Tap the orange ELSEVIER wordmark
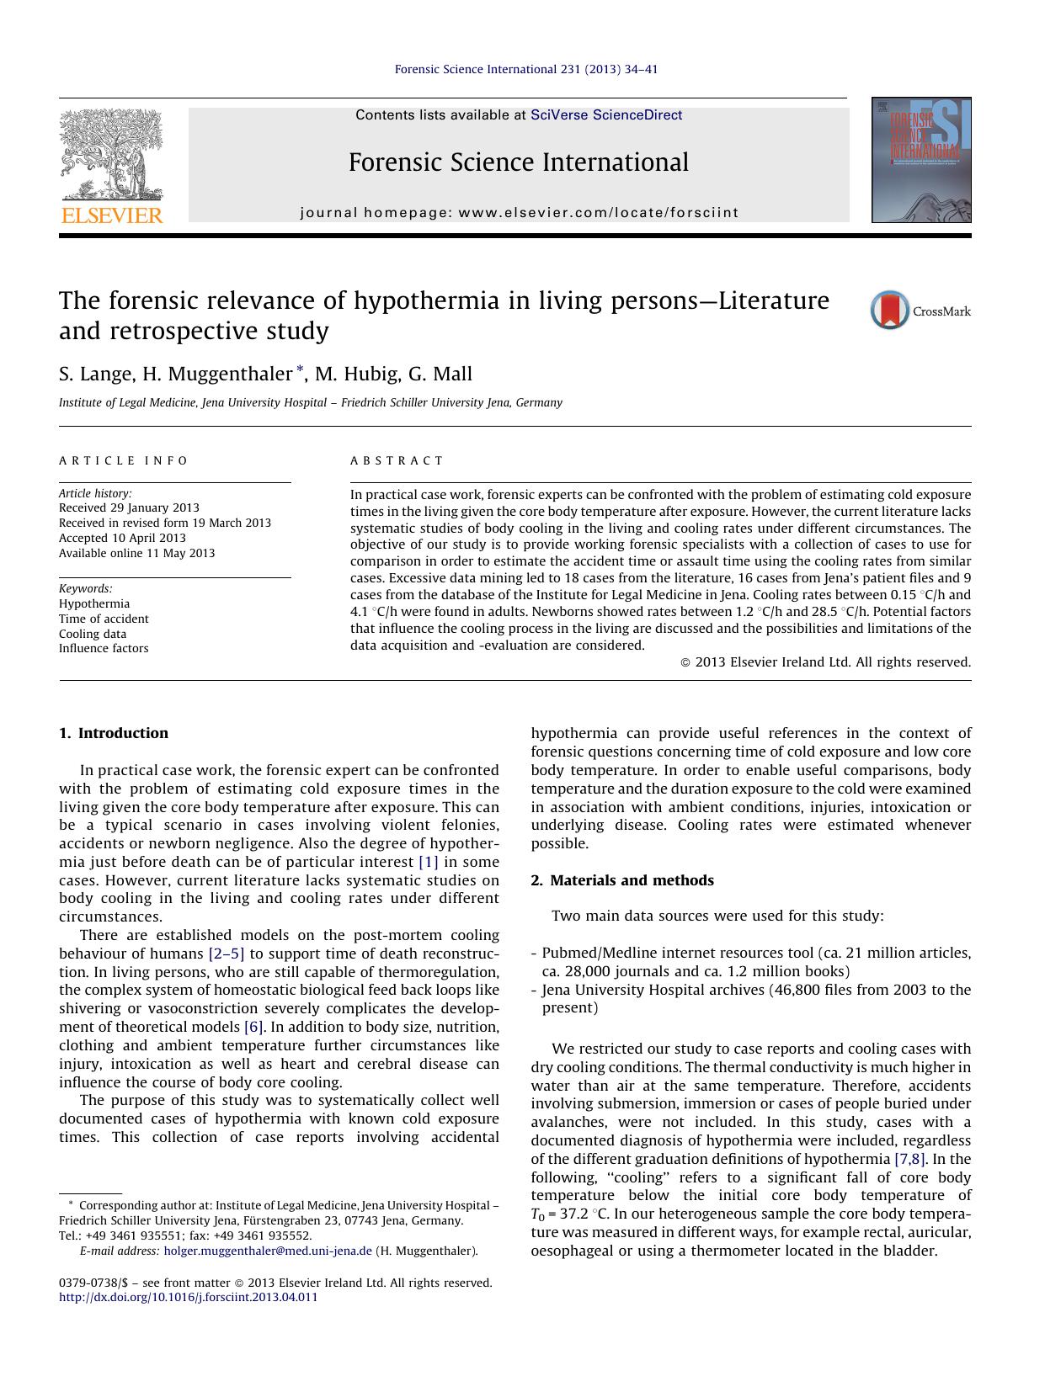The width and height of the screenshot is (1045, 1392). coord(112,215)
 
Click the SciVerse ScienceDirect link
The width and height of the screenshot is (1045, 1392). coord(605,115)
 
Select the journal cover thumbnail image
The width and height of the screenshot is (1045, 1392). coord(920,160)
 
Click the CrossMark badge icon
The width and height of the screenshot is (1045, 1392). coord(890,311)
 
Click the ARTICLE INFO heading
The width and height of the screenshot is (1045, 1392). coord(124,460)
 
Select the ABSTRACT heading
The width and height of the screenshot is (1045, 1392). coord(397,460)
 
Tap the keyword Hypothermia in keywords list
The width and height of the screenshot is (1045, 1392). coord(94,603)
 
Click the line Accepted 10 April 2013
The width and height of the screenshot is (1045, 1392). coord(122,538)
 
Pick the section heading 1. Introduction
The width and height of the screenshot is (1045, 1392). coord(114,733)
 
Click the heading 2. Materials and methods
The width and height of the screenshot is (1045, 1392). coord(622,880)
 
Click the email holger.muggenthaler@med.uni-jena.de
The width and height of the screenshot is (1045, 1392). coord(268,1251)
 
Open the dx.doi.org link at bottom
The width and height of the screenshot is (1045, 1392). coord(189,1297)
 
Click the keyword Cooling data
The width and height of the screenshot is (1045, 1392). coord(93,634)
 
